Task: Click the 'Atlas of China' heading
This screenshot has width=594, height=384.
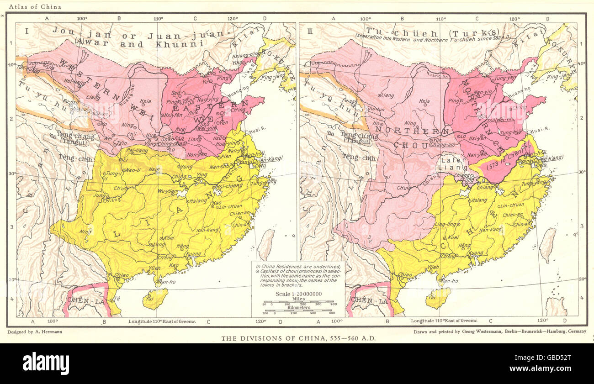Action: coord(27,7)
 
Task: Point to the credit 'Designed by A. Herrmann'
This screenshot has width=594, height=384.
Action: coord(35,331)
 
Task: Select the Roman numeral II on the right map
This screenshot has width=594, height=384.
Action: coord(309,31)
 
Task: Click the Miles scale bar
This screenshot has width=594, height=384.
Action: coord(298,303)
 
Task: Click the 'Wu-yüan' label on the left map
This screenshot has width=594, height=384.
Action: coord(168,191)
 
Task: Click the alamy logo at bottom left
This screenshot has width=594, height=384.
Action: coord(46,363)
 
